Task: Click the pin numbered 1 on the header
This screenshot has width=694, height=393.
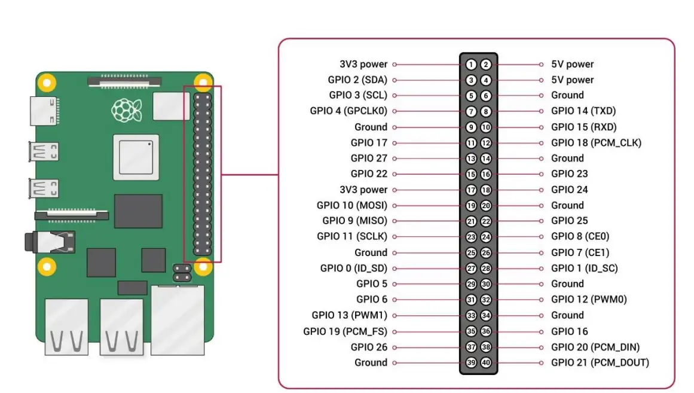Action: pyautogui.click(x=471, y=65)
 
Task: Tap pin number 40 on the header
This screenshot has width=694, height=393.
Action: pyautogui.click(x=486, y=362)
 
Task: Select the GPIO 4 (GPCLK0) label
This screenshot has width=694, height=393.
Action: pyautogui.click(x=348, y=111)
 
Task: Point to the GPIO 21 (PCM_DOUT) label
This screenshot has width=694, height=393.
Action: pyautogui.click(x=600, y=362)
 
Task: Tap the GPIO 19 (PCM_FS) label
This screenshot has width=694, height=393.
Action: pyautogui.click(x=345, y=331)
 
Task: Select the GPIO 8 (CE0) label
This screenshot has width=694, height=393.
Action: pyautogui.click(x=580, y=236)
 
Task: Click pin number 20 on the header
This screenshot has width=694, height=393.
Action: pyautogui.click(x=486, y=205)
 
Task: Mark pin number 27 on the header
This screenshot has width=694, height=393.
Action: pyautogui.click(x=471, y=268)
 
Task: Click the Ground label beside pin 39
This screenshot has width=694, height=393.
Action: pyautogui.click(x=371, y=362)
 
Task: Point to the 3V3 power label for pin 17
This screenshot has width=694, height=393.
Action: pyautogui.click(x=363, y=190)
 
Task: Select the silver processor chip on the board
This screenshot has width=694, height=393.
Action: pyautogui.click(x=136, y=157)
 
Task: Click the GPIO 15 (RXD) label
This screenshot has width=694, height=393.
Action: pyautogui.click(x=583, y=127)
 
